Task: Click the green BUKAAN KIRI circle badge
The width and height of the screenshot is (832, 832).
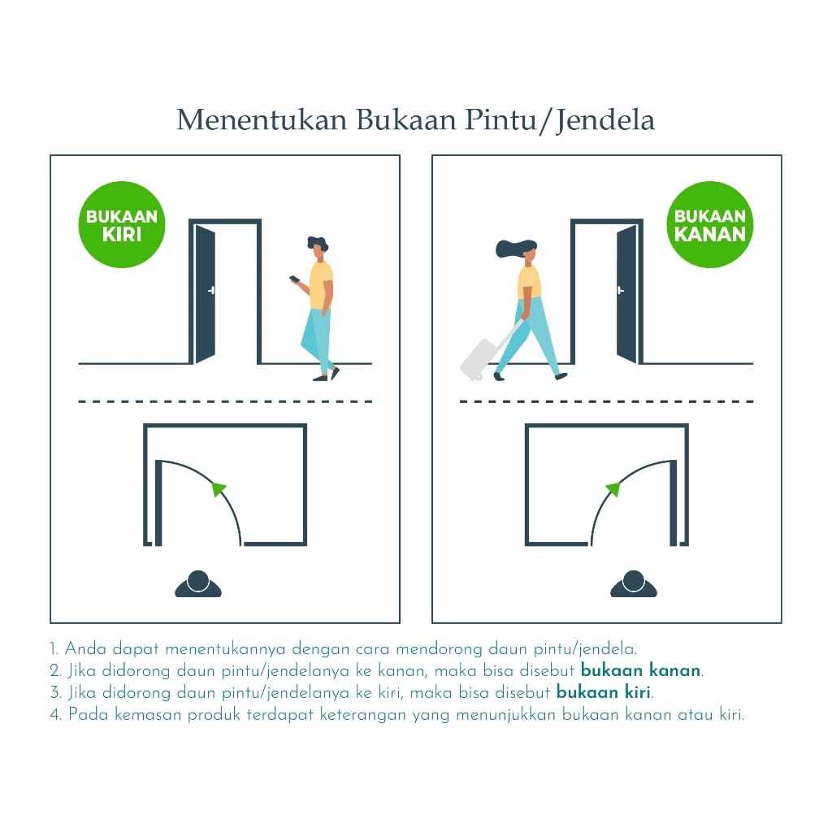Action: (x=122, y=224)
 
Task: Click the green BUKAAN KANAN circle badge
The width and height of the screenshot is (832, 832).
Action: (x=710, y=224)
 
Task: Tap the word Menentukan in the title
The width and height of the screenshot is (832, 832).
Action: (x=262, y=119)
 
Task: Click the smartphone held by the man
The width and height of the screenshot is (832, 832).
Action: (x=294, y=279)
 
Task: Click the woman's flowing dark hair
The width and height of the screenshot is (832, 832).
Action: (x=513, y=249)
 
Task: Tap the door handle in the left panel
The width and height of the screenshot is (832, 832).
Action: (x=211, y=290)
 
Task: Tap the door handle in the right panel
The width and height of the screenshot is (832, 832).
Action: (x=620, y=290)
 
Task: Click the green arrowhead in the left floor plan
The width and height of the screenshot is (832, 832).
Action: (x=218, y=488)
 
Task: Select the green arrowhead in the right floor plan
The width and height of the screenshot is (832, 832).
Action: (x=613, y=488)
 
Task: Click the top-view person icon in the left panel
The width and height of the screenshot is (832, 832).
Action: (x=198, y=583)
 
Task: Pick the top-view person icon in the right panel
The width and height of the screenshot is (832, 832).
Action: (x=634, y=583)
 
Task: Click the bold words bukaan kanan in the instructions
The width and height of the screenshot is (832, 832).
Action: (x=640, y=670)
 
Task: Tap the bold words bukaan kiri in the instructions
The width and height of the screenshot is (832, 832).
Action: (x=604, y=692)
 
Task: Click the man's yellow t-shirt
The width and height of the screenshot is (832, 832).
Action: (x=320, y=285)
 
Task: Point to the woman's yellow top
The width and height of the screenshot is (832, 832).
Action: (x=529, y=282)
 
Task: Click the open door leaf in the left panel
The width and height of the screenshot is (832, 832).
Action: (x=205, y=293)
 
